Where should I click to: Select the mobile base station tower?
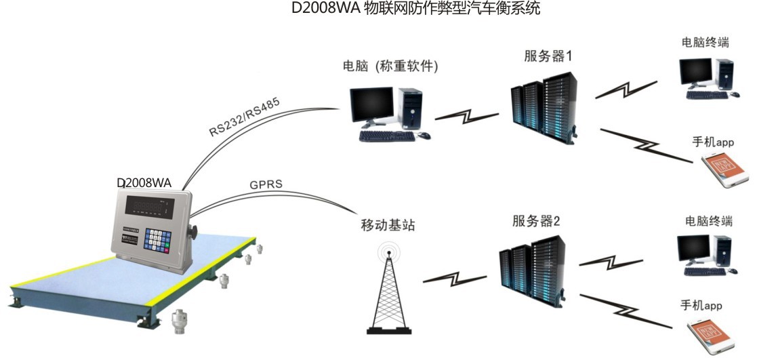[x=389, y=292]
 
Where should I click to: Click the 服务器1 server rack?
[x=544, y=107]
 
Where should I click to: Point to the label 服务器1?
[x=548, y=56]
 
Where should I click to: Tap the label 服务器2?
[x=536, y=221]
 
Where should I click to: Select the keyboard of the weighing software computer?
[x=386, y=136]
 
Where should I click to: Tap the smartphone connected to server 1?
[x=726, y=170]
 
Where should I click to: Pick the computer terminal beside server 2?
[x=705, y=255]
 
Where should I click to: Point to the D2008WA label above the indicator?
[x=144, y=183]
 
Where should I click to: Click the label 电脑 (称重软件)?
[x=391, y=66]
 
